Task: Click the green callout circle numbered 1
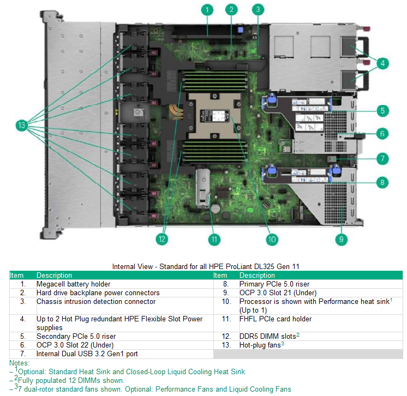[x=206, y=9]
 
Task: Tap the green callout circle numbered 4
[x=383, y=63]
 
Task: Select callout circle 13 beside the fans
[x=21, y=125]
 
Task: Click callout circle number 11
[x=214, y=239]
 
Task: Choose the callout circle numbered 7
[x=383, y=159]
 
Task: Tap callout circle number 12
[x=160, y=239]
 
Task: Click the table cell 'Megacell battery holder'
[x=73, y=284]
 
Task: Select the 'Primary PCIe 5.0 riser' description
[x=274, y=284]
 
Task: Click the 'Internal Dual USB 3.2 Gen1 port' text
[x=86, y=354]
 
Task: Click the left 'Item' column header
[x=17, y=276]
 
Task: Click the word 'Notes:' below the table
[x=20, y=363]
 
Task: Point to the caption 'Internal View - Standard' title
[x=205, y=266]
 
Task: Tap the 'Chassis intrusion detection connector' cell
[x=95, y=301]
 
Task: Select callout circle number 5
[x=383, y=111]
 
